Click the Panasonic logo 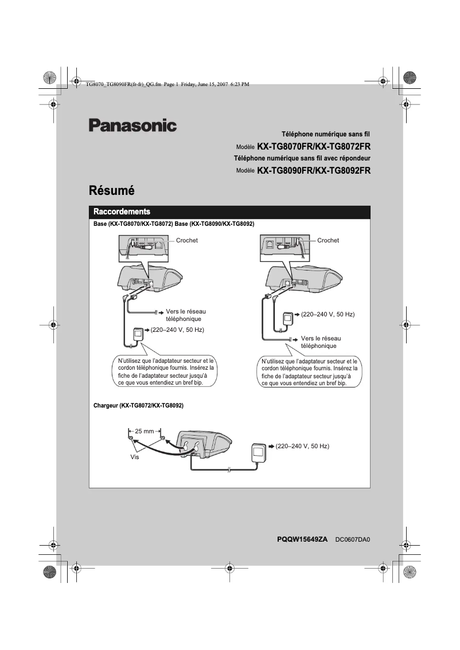(132, 126)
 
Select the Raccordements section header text (122, 212)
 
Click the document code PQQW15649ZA (302, 539)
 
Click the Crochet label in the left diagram (187, 241)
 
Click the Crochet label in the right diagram (328, 241)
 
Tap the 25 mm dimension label (145, 430)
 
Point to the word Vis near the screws (135, 458)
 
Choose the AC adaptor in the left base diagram (138, 335)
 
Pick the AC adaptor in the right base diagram (288, 319)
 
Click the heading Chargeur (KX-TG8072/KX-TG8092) (138, 405)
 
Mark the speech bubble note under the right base (309, 372)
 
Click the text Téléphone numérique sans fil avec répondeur (302, 158)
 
